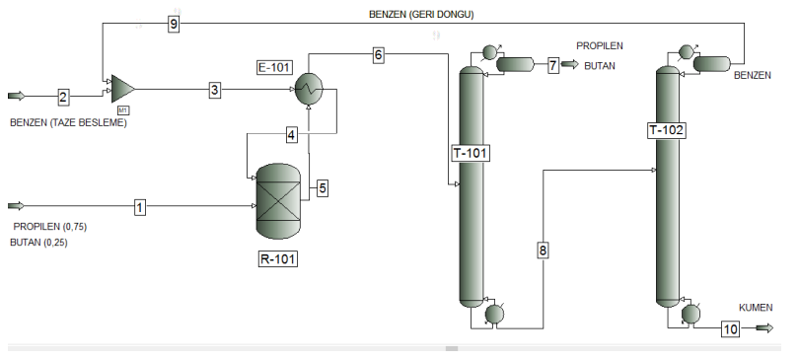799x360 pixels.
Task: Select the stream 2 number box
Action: click(x=63, y=97)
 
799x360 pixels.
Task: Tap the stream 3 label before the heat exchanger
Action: click(x=215, y=91)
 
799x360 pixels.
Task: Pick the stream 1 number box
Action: click(x=140, y=207)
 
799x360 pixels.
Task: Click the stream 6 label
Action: click(x=378, y=55)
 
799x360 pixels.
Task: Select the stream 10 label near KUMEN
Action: click(x=729, y=329)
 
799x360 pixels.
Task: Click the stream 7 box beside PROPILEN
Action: click(x=553, y=65)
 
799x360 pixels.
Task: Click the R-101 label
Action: click(x=276, y=260)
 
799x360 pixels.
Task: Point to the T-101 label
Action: click(x=471, y=153)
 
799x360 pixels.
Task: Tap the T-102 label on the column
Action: click(x=667, y=130)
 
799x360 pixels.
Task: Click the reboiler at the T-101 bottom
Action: click(x=494, y=313)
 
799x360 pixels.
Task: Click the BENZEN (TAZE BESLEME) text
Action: click(x=69, y=123)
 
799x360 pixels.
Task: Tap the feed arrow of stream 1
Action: click(x=17, y=206)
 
